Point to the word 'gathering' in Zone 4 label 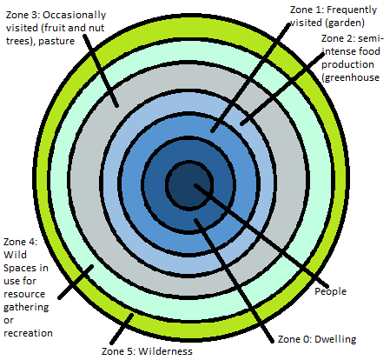[x=26, y=308]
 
